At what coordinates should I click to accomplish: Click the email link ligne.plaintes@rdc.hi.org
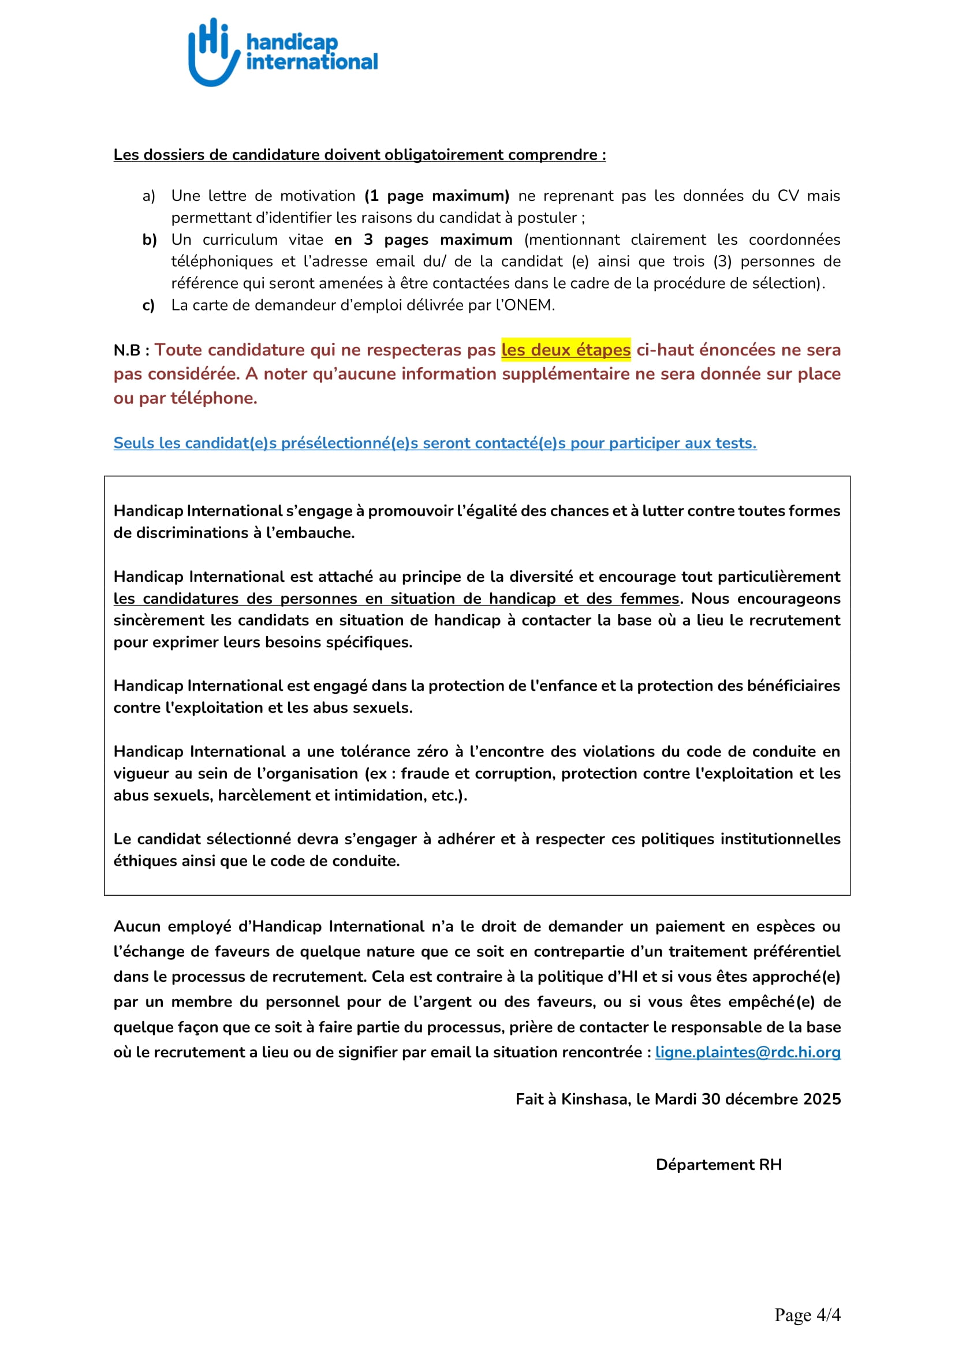747,1052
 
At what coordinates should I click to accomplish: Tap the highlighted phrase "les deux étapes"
566,350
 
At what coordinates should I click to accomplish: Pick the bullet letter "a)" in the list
149,196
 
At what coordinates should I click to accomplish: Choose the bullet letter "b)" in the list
150,240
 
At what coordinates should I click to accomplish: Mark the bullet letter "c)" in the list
149,305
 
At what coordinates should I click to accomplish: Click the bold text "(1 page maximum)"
437,196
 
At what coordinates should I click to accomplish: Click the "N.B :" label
131,350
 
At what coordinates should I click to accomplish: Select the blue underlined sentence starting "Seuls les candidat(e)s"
435,443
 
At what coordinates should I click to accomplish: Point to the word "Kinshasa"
595,1099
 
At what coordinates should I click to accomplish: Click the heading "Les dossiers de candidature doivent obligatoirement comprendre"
359,155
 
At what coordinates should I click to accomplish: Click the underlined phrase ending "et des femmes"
396,599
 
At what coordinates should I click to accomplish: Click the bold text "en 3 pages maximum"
423,240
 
